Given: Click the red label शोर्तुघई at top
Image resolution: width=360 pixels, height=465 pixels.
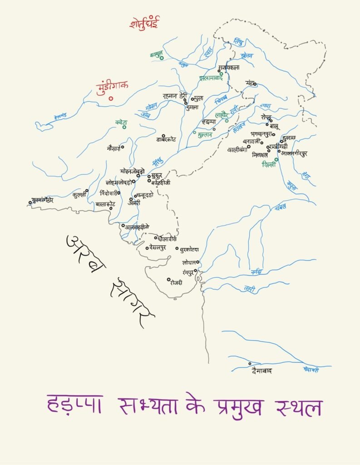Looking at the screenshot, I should point(144,23).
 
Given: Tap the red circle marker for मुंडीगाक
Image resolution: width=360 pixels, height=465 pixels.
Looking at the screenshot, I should point(111,98).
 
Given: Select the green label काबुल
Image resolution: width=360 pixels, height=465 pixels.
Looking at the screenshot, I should point(156,54).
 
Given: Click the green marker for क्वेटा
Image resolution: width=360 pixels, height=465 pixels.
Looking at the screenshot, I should point(124,127).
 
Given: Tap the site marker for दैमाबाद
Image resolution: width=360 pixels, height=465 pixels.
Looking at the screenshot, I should point(250,364).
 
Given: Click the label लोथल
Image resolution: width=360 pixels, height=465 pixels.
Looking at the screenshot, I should point(188,262).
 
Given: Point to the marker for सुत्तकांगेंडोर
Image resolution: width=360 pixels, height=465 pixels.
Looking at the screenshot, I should point(30,203).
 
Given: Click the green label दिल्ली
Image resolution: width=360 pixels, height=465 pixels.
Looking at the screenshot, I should point(269,165).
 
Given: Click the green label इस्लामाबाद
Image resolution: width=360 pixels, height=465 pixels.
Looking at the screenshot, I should point(211,78).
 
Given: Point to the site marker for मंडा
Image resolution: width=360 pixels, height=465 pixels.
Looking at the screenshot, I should point(255,84).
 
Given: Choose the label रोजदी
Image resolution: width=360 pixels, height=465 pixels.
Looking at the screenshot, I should point(176,282).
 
